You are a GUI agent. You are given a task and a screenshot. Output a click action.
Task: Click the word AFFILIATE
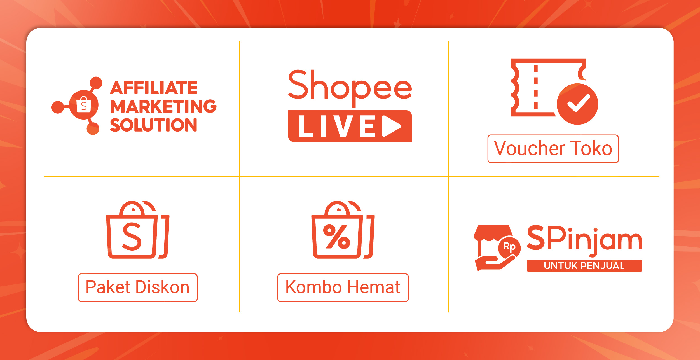pos(154,88)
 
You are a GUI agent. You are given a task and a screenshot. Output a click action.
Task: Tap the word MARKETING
pos(163,106)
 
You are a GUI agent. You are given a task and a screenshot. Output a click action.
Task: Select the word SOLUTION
pos(153,125)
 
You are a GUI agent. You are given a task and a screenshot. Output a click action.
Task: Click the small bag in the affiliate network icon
pos(84,105)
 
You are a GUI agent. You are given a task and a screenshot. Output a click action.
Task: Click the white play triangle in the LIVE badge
pos(392,126)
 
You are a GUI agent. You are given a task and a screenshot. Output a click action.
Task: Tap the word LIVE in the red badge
pos(337,126)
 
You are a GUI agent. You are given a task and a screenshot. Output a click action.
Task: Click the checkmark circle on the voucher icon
pos(577,104)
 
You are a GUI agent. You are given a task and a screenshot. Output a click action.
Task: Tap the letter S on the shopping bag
pos(132,237)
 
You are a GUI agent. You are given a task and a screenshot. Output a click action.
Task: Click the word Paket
pos(108,287)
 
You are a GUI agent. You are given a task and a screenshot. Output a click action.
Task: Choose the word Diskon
pos(163,287)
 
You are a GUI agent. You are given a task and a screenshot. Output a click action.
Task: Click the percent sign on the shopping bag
pos(337,237)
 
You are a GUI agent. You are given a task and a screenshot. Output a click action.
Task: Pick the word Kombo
pos(313,287)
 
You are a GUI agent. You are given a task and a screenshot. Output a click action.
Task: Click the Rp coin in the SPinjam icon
pos(509,247)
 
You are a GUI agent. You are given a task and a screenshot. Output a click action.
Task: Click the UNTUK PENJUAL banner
pos(584,265)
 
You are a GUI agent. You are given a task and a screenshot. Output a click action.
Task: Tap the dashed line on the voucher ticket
pos(536,87)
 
